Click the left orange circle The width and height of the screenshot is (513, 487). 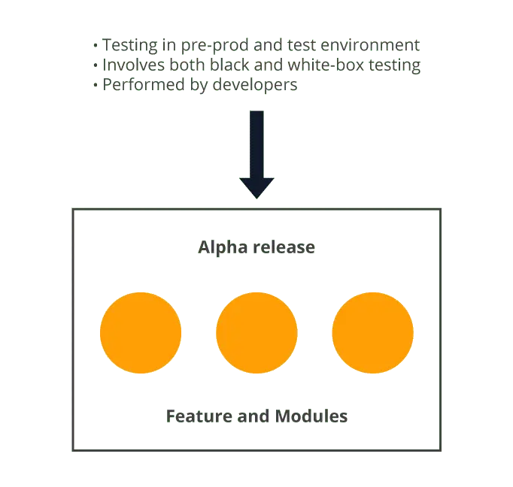click(141, 332)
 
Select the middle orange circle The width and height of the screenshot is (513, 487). click(256, 332)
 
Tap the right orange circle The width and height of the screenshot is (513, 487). click(372, 332)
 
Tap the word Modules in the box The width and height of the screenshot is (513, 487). click(311, 416)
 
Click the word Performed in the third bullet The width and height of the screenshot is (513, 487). click(138, 86)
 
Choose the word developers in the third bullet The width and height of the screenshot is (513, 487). click(256, 86)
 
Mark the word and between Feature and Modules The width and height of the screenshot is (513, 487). click(257, 416)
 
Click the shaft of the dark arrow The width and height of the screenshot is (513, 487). click(257, 143)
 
